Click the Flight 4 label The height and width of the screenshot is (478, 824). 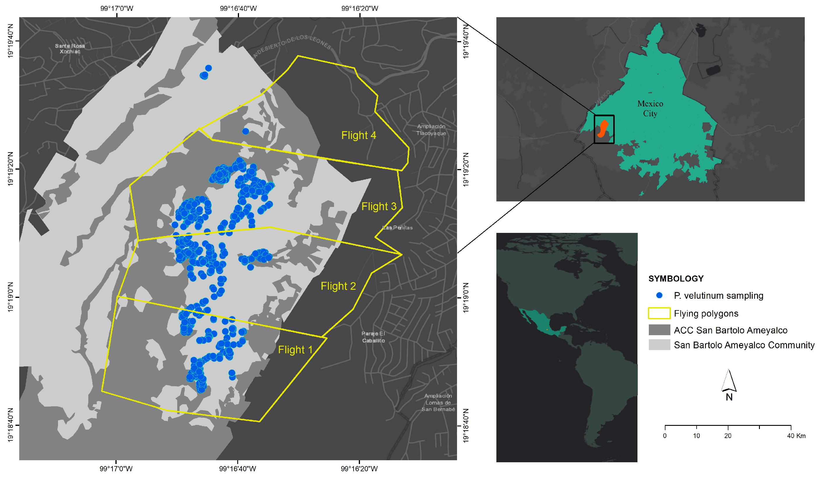pos(359,135)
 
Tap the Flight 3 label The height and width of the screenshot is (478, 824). pos(379,206)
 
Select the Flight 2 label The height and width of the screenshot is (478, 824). pos(338,286)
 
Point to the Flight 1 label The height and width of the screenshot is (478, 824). pos(295,350)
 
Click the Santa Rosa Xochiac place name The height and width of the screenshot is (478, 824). pos(70,49)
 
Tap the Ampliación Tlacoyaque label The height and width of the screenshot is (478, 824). pos(431,130)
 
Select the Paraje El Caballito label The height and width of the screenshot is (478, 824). pos(373,337)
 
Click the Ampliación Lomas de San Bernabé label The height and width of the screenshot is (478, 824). pos(438,403)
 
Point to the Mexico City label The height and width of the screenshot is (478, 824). pos(650,108)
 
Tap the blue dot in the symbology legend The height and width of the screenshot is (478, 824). pos(659,296)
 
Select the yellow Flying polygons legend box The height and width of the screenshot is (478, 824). pos(659,313)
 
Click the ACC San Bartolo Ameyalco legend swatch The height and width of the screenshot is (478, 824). pos(659,330)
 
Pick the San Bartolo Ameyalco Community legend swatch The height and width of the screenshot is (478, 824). pos(659,345)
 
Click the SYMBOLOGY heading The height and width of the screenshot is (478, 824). pos(676,279)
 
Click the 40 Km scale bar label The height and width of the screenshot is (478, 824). pos(796,436)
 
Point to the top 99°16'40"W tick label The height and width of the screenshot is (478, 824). pos(238,8)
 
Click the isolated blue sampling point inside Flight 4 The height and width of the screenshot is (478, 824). pos(245,131)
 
